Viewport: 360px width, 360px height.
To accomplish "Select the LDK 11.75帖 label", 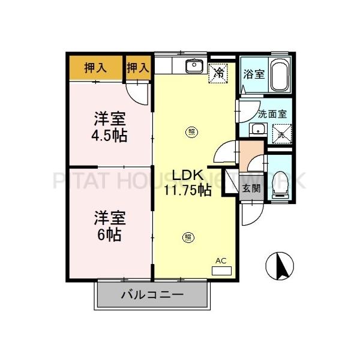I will click(187, 182).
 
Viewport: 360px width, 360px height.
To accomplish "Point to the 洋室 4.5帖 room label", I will click(109, 127).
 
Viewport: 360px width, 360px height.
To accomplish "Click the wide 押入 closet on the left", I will click(96, 68).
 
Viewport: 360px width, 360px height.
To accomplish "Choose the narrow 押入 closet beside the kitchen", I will click(138, 68).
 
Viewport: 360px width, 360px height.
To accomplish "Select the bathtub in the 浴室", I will click(280, 75).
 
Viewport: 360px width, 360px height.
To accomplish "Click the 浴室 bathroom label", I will click(254, 74).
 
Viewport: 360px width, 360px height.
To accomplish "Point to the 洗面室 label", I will click(272, 113).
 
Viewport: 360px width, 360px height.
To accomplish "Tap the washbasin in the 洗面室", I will click(259, 129).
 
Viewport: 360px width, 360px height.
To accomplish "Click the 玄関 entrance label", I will click(251, 188).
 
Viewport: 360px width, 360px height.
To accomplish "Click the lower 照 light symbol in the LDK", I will click(188, 238).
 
